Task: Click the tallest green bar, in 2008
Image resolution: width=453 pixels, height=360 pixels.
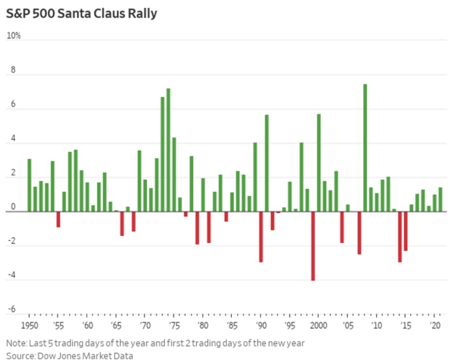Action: click(x=365, y=148)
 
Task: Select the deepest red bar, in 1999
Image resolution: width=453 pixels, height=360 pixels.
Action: click(x=313, y=246)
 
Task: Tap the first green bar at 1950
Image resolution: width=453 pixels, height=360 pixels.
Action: click(x=29, y=185)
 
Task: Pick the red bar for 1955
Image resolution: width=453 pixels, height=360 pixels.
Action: click(x=58, y=219)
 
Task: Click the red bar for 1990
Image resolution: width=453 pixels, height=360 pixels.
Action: click(x=261, y=237)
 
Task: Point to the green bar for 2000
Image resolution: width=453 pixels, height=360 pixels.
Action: click(x=319, y=163)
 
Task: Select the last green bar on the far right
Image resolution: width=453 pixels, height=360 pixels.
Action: click(x=440, y=199)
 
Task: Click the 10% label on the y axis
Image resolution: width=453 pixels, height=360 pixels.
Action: click(x=13, y=36)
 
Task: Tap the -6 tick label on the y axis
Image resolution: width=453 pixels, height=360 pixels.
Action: click(x=11, y=309)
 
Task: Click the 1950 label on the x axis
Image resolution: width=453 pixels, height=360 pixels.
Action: click(x=29, y=326)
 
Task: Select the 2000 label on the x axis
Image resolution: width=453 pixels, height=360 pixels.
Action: click(x=319, y=326)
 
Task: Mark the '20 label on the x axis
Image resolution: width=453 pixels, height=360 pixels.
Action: click(x=434, y=326)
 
